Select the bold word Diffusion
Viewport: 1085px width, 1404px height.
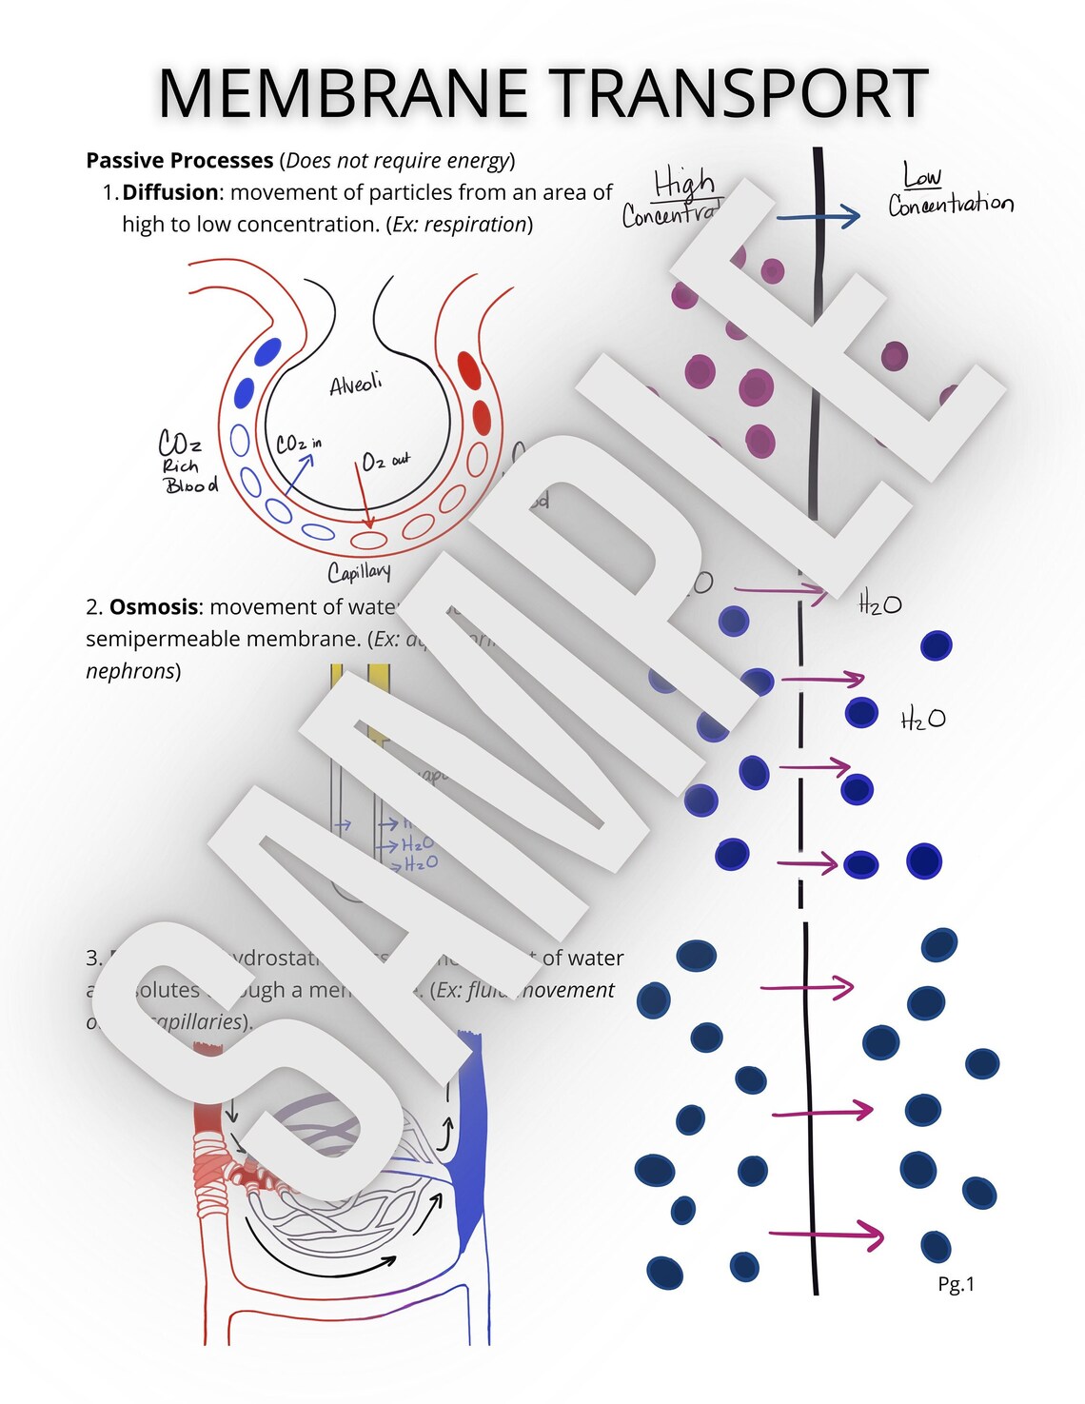(x=170, y=192)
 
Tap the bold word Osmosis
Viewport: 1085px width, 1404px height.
(x=153, y=606)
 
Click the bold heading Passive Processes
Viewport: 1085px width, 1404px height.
(x=180, y=160)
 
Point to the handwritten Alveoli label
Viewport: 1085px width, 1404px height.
(x=355, y=385)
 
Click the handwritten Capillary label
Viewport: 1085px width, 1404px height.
(x=359, y=571)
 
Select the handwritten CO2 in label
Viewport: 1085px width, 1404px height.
(x=298, y=444)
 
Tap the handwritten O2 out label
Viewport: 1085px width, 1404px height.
(x=385, y=461)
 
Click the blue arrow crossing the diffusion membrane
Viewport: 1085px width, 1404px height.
(x=819, y=217)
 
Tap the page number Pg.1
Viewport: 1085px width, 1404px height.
(x=956, y=1283)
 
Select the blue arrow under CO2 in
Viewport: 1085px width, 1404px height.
(x=299, y=472)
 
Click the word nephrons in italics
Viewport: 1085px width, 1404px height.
(x=129, y=671)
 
